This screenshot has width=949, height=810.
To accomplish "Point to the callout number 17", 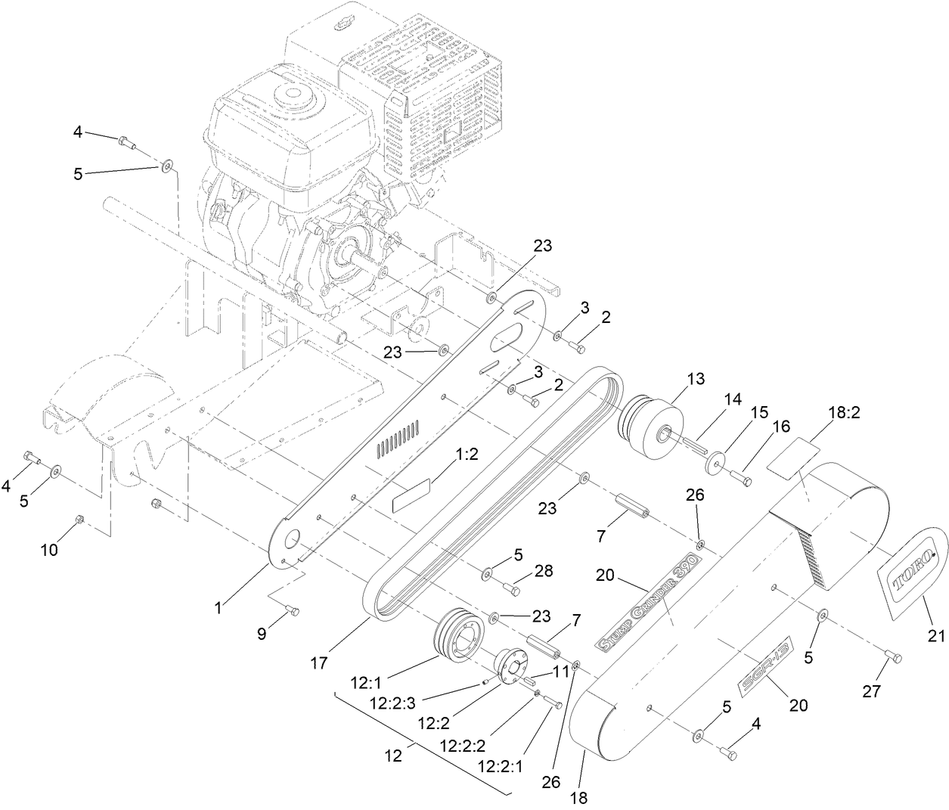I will (x=318, y=663).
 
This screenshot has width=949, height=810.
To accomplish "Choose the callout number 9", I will (x=262, y=634).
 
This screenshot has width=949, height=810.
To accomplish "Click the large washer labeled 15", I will (x=715, y=462).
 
